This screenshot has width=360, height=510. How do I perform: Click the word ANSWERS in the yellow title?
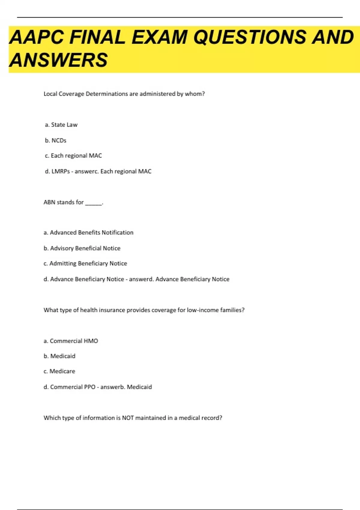(x=58, y=60)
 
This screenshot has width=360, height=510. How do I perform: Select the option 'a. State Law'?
(x=61, y=125)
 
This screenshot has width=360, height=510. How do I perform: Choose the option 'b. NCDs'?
(x=55, y=140)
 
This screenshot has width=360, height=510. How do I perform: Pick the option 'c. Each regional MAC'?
(x=73, y=156)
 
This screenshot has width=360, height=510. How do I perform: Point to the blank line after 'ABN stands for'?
(x=94, y=203)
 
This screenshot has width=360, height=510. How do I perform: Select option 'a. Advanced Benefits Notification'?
(x=88, y=232)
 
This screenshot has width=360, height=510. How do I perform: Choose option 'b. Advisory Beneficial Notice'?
(x=82, y=248)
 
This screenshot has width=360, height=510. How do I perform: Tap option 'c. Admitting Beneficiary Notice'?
(x=85, y=263)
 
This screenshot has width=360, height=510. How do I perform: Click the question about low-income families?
(x=144, y=310)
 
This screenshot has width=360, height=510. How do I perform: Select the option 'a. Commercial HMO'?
(x=71, y=341)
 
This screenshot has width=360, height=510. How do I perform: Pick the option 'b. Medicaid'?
(x=59, y=356)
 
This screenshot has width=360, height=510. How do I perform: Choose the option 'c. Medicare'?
(x=59, y=371)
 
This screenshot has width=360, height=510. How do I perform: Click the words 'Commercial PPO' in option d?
(x=73, y=387)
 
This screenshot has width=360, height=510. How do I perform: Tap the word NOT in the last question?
(x=128, y=418)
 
